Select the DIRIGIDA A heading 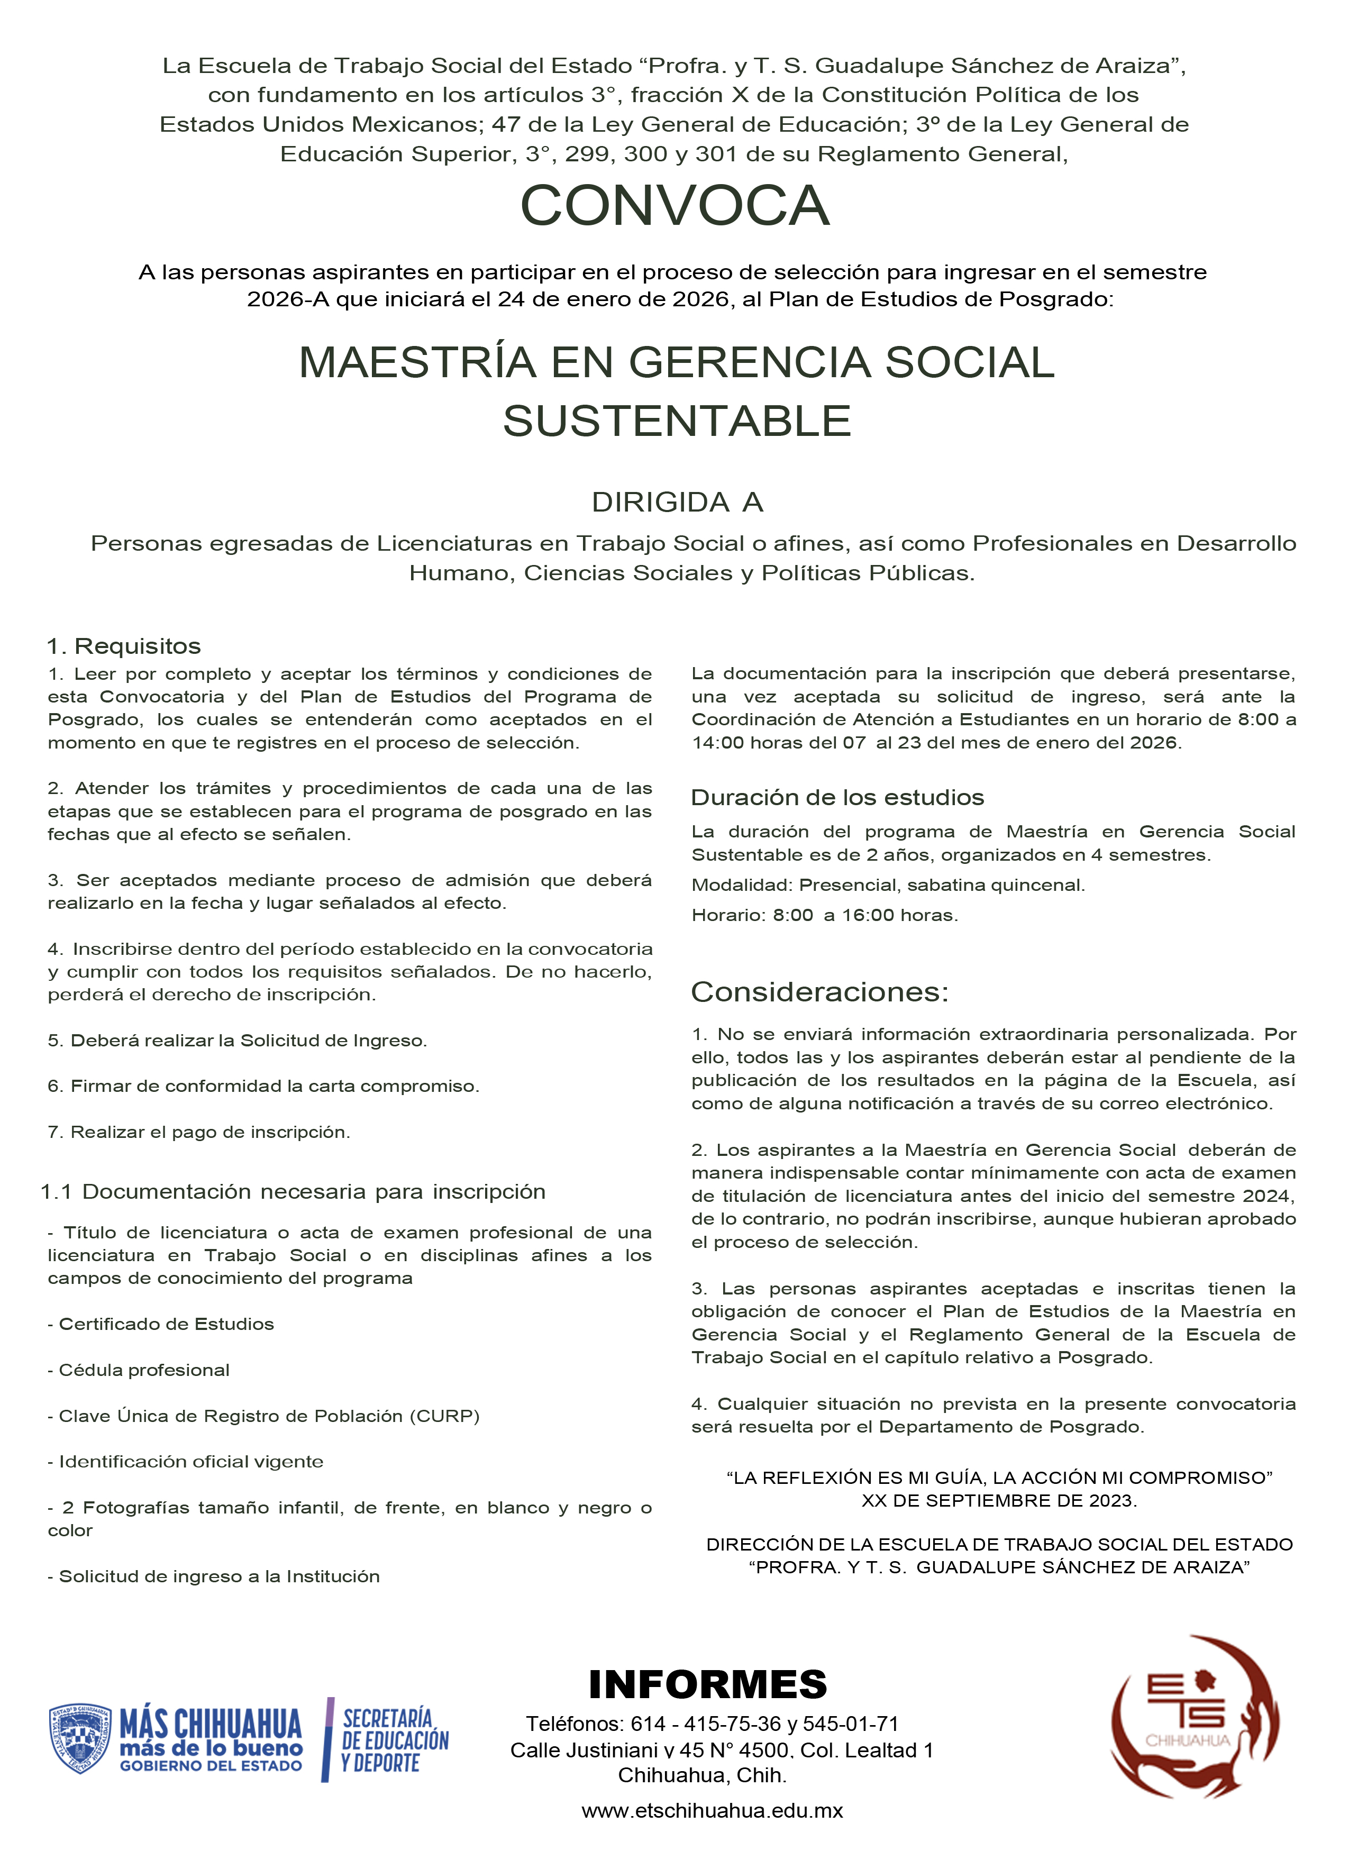[x=677, y=502]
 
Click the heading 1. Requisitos [x=124, y=646]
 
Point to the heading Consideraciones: [x=819, y=991]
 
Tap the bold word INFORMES [x=708, y=1684]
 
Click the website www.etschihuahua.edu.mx [x=712, y=1810]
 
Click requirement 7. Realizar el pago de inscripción [x=198, y=1132]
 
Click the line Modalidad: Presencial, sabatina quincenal [x=888, y=885]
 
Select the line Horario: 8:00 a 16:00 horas [x=825, y=915]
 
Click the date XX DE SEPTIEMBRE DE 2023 [x=999, y=1500]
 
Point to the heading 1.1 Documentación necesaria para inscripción [x=294, y=1192]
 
